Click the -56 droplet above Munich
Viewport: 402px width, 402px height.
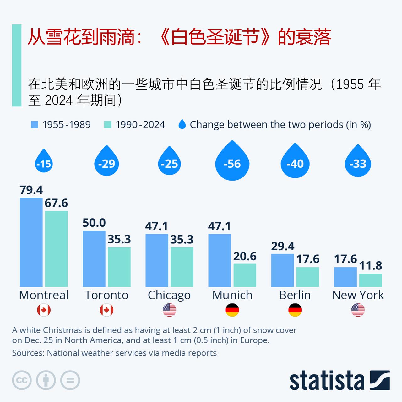(x=232, y=163)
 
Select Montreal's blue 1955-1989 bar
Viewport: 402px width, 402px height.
(x=31, y=242)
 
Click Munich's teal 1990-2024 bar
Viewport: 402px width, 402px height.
(x=245, y=275)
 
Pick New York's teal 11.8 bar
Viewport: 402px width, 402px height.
(x=370, y=280)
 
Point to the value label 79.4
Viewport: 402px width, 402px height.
(x=31, y=190)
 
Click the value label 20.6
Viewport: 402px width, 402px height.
(x=245, y=256)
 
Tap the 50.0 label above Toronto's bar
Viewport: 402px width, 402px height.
(x=94, y=223)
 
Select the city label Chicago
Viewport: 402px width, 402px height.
(x=169, y=295)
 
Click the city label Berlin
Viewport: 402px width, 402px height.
(x=295, y=295)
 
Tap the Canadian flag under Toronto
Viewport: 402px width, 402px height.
(x=106, y=310)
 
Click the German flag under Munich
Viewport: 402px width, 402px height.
(x=232, y=310)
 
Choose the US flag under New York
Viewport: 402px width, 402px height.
(x=358, y=310)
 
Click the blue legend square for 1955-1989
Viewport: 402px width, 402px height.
(x=35, y=125)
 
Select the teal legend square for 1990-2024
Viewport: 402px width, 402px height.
(x=108, y=125)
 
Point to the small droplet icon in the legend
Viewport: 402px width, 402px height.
(x=182, y=124)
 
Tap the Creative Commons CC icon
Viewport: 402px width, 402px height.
(x=22, y=380)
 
